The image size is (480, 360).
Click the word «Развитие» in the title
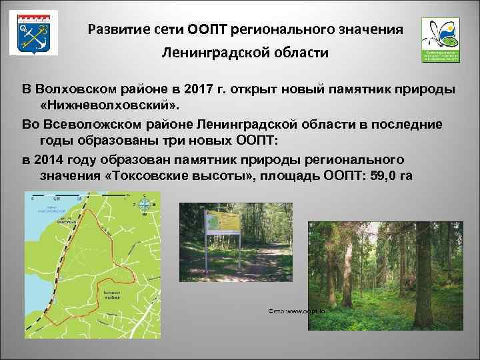pos(117,31)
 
